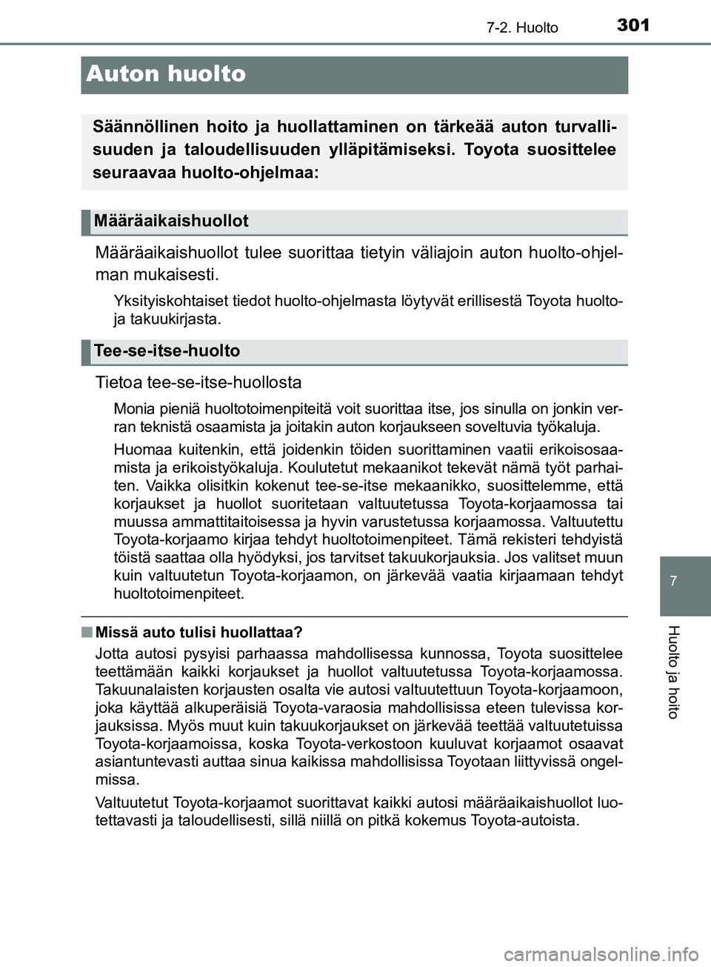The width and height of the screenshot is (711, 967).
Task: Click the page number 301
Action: click(632, 25)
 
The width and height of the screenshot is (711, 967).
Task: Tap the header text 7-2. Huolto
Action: click(527, 28)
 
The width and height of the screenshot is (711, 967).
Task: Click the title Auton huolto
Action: click(166, 74)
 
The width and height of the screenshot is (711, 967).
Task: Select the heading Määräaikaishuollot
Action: click(171, 221)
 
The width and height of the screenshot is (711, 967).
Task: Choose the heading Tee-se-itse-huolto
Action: click(167, 350)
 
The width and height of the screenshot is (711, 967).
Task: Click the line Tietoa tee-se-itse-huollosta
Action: click(198, 382)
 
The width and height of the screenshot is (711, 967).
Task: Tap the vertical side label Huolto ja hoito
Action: click(672, 671)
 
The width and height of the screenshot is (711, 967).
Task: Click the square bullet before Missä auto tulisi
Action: click(87, 632)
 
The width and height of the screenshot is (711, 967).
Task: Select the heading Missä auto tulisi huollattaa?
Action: click(198, 632)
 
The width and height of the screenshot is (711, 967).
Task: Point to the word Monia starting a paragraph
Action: click(131, 408)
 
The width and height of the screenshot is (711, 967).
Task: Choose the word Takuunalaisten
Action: click(139, 690)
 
